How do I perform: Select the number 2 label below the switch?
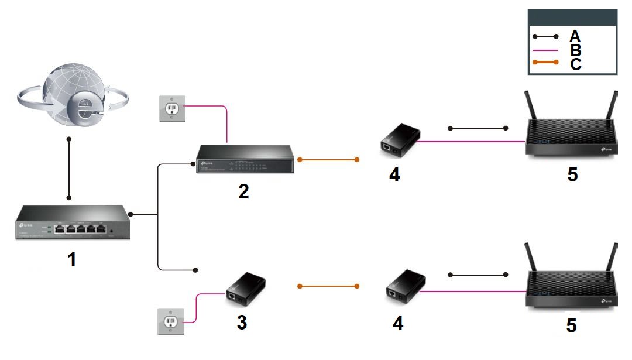[243, 191]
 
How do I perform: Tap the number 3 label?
[241, 323]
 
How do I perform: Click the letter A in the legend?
[575, 36]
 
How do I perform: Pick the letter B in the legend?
[575, 50]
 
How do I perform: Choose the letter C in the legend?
[575, 64]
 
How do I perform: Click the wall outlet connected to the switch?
[171, 109]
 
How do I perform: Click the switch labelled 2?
[245, 160]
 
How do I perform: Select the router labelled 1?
[72, 222]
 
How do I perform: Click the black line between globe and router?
[69, 169]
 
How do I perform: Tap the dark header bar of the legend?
[572, 17]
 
